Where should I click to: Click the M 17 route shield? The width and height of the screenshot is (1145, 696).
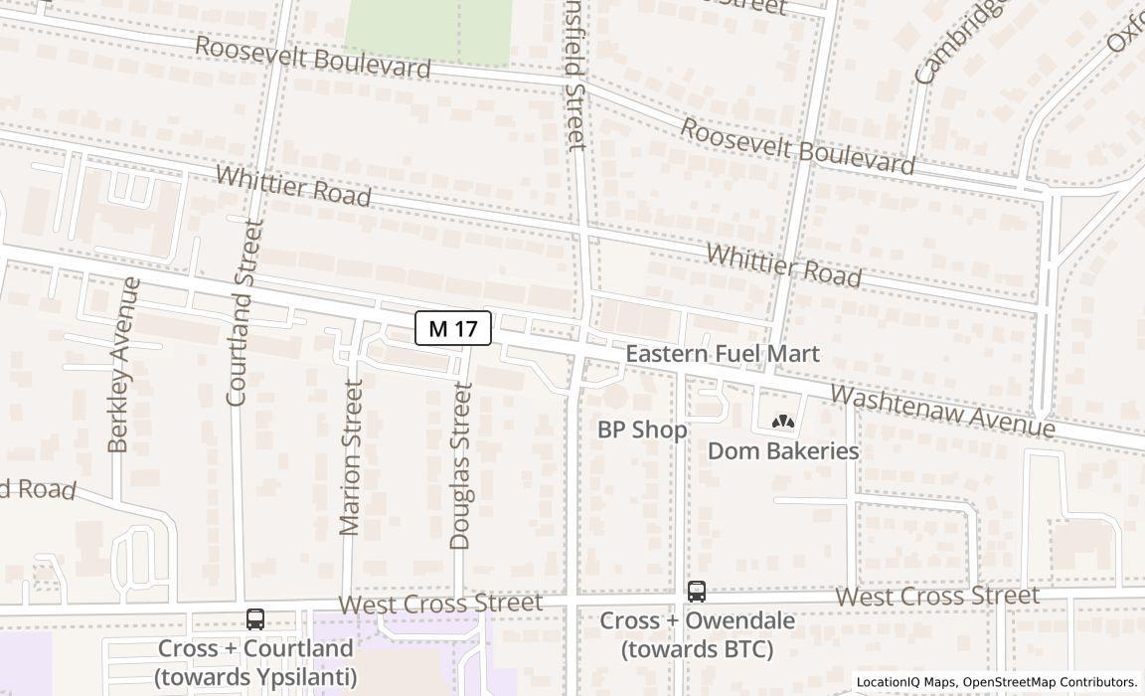pos(453,328)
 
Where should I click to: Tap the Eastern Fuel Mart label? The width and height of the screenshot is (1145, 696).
pos(722,354)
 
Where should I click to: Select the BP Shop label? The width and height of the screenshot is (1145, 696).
pos(642,431)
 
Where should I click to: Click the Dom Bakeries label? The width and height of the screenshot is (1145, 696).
pos(783,450)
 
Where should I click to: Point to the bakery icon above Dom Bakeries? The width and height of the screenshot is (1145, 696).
pos(783,423)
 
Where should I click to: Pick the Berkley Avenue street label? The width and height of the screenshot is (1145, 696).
pos(120,365)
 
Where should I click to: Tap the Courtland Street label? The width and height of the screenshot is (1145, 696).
pos(242,313)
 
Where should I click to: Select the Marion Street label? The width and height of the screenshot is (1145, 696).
pos(351,457)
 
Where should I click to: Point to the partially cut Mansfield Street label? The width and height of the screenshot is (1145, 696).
pos(575,75)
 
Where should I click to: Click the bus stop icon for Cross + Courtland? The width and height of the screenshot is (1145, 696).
pos(255,619)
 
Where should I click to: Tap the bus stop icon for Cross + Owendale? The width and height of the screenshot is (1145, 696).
pos(697,592)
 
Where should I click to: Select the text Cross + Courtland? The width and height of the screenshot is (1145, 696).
pos(255,648)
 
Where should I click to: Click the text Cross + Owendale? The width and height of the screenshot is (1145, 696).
pos(697,621)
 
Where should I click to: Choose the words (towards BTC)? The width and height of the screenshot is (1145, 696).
pos(697,650)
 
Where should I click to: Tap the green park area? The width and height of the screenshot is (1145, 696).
pos(427,30)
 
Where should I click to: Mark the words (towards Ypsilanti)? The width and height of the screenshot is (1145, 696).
pos(255,677)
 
